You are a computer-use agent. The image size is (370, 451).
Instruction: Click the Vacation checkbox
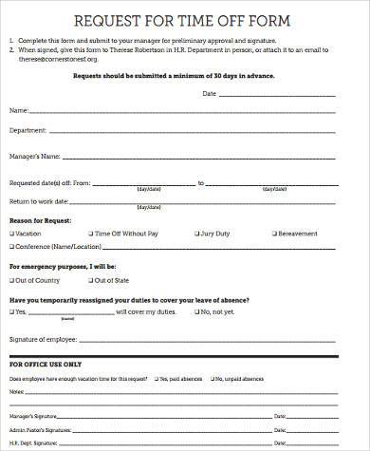point(12,233)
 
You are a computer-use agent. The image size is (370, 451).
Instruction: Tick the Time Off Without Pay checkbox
point(91,233)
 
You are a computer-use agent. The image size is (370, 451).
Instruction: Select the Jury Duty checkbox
point(196,233)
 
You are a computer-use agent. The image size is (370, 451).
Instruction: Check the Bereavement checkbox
point(275,233)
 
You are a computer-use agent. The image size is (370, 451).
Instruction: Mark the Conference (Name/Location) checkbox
point(12,248)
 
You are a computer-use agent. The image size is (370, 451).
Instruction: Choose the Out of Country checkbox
point(12,281)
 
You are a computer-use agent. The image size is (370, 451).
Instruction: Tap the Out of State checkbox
point(91,281)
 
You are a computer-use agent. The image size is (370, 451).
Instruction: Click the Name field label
point(19,110)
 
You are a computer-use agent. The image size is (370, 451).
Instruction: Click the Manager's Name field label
point(35,156)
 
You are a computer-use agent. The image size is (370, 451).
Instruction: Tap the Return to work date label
point(39,201)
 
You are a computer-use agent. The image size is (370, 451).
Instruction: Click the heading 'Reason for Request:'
point(42,220)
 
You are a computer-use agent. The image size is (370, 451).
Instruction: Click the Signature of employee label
point(44,338)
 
